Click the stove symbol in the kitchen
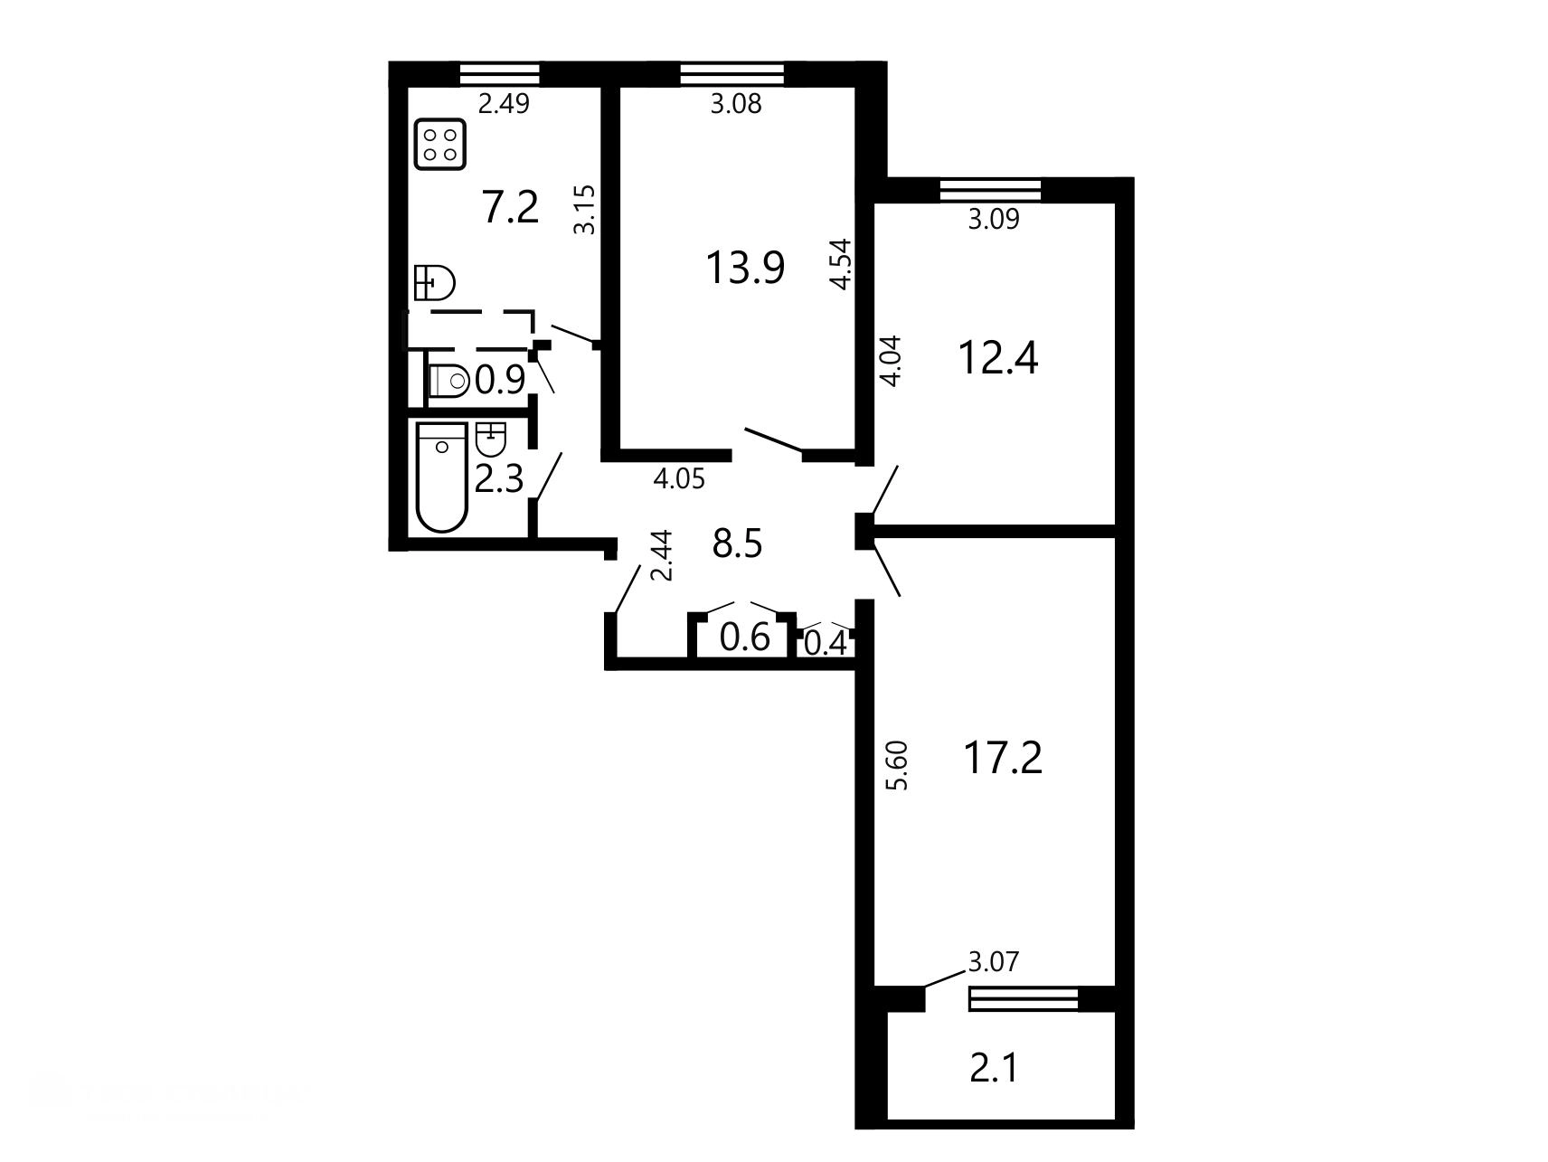click(439, 145)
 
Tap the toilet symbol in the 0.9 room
click(448, 381)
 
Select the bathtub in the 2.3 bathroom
click(442, 477)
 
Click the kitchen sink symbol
click(434, 282)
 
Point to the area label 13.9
click(745, 268)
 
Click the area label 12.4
click(998, 358)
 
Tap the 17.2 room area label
click(1002, 758)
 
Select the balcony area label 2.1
click(995, 1069)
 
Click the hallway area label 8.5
click(738, 544)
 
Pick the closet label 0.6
click(745, 638)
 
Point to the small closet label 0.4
click(826, 644)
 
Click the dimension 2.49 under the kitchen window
click(504, 104)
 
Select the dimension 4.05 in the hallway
click(679, 478)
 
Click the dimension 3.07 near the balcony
click(994, 962)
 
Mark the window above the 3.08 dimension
click(732, 74)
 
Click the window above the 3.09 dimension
click(991, 191)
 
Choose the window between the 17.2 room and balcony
click(1024, 999)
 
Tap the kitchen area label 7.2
click(511, 208)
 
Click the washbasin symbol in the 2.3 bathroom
click(490, 439)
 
